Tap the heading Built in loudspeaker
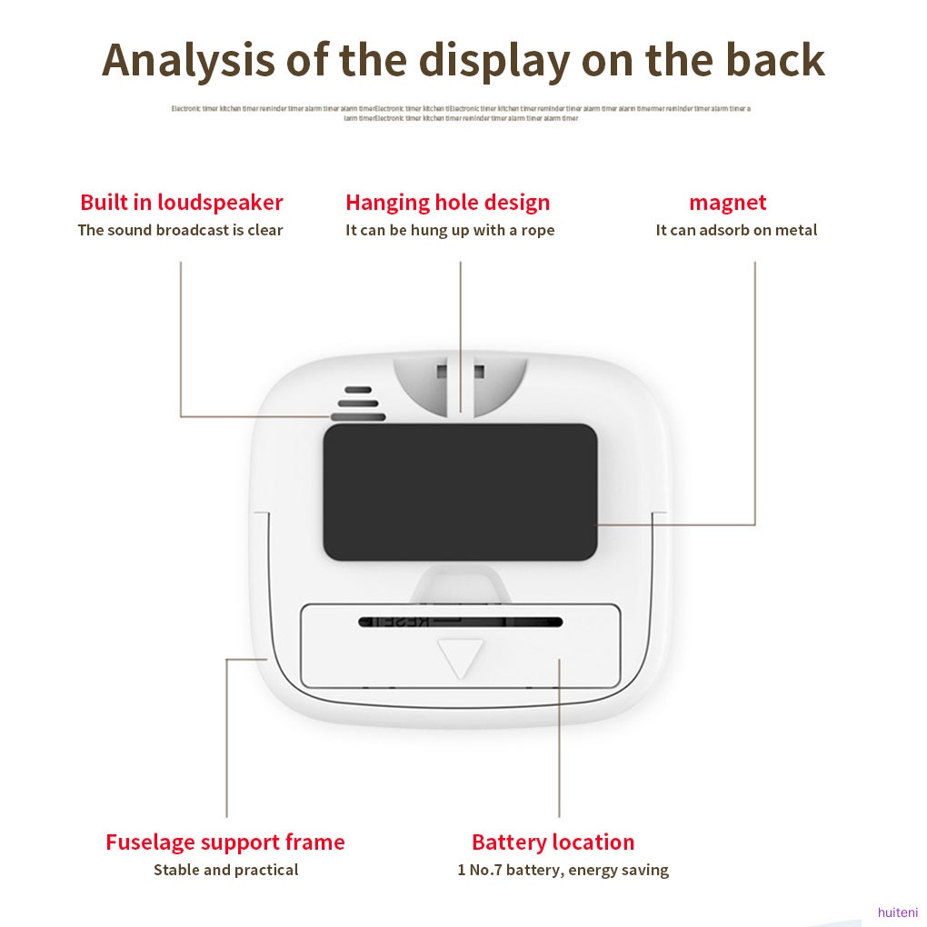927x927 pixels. [x=181, y=202]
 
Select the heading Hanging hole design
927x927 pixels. [x=447, y=202]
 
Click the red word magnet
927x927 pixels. [x=727, y=202]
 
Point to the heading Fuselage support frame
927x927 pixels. [x=224, y=842]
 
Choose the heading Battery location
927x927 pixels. [x=553, y=842]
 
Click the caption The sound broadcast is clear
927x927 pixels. [x=180, y=230]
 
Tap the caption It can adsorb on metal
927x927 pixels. [x=736, y=230]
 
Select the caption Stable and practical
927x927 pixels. [x=225, y=870]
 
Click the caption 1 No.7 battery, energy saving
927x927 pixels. [x=563, y=870]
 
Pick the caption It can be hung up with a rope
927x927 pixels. [x=449, y=230]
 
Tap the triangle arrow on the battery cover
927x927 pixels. [x=461, y=656]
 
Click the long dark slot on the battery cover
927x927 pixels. [x=460, y=623]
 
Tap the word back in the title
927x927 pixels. [x=774, y=60]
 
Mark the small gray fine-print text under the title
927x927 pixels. [x=461, y=113]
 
